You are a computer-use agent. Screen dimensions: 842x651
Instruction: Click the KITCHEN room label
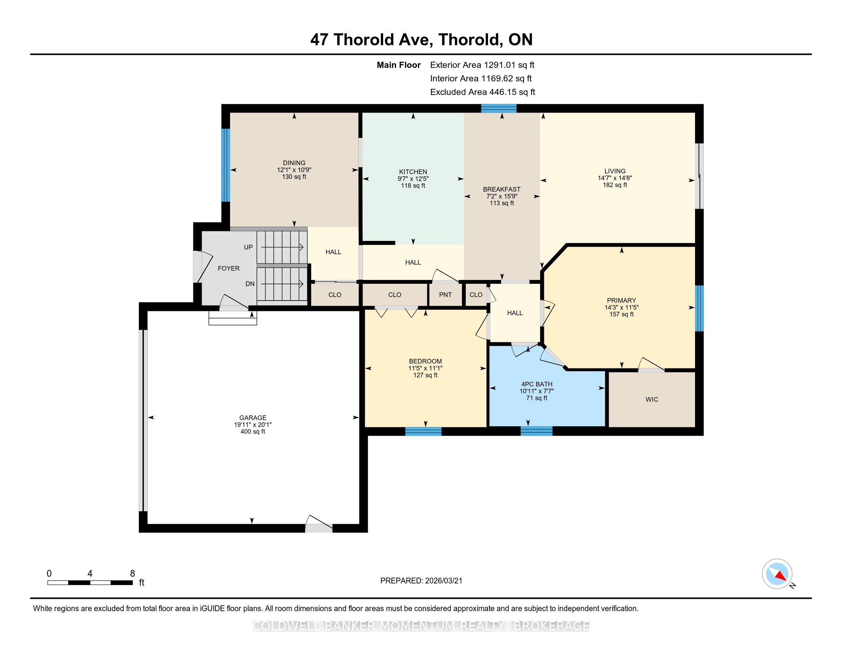413,172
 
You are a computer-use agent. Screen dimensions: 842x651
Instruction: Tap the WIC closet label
651,399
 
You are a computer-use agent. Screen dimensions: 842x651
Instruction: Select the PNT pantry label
445,294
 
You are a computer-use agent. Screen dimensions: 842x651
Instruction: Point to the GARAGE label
253,418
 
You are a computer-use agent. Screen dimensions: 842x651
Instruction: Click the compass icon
777,574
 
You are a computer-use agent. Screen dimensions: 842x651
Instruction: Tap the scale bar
90,583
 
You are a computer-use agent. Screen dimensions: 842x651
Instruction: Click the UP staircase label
248,247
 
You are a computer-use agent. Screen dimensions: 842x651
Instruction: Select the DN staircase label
250,284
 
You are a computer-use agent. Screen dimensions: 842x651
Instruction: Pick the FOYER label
228,268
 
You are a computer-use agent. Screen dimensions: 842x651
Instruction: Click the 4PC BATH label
537,384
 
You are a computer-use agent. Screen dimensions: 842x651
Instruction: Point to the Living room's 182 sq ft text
615,185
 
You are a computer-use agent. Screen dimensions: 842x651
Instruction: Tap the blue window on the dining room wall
225,165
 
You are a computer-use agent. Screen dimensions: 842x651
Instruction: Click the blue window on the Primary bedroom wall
699,308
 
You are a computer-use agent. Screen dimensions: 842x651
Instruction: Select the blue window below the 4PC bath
536,431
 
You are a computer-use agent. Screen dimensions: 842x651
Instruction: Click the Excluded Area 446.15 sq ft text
483,92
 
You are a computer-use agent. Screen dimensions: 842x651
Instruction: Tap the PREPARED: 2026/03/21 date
421,581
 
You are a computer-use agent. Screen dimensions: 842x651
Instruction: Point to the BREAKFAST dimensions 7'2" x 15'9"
502,196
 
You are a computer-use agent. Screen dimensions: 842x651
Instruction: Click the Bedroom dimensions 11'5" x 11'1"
425,368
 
